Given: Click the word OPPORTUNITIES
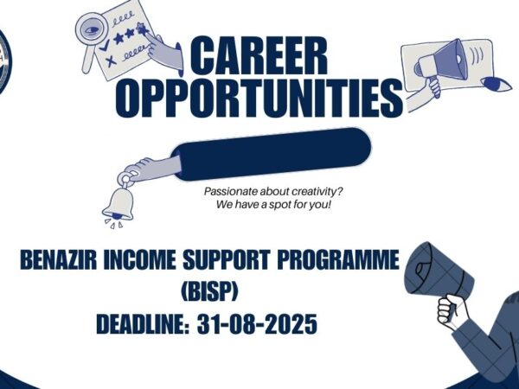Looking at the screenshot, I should coord(258,97).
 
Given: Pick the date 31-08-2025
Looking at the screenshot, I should coord(258,325).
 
